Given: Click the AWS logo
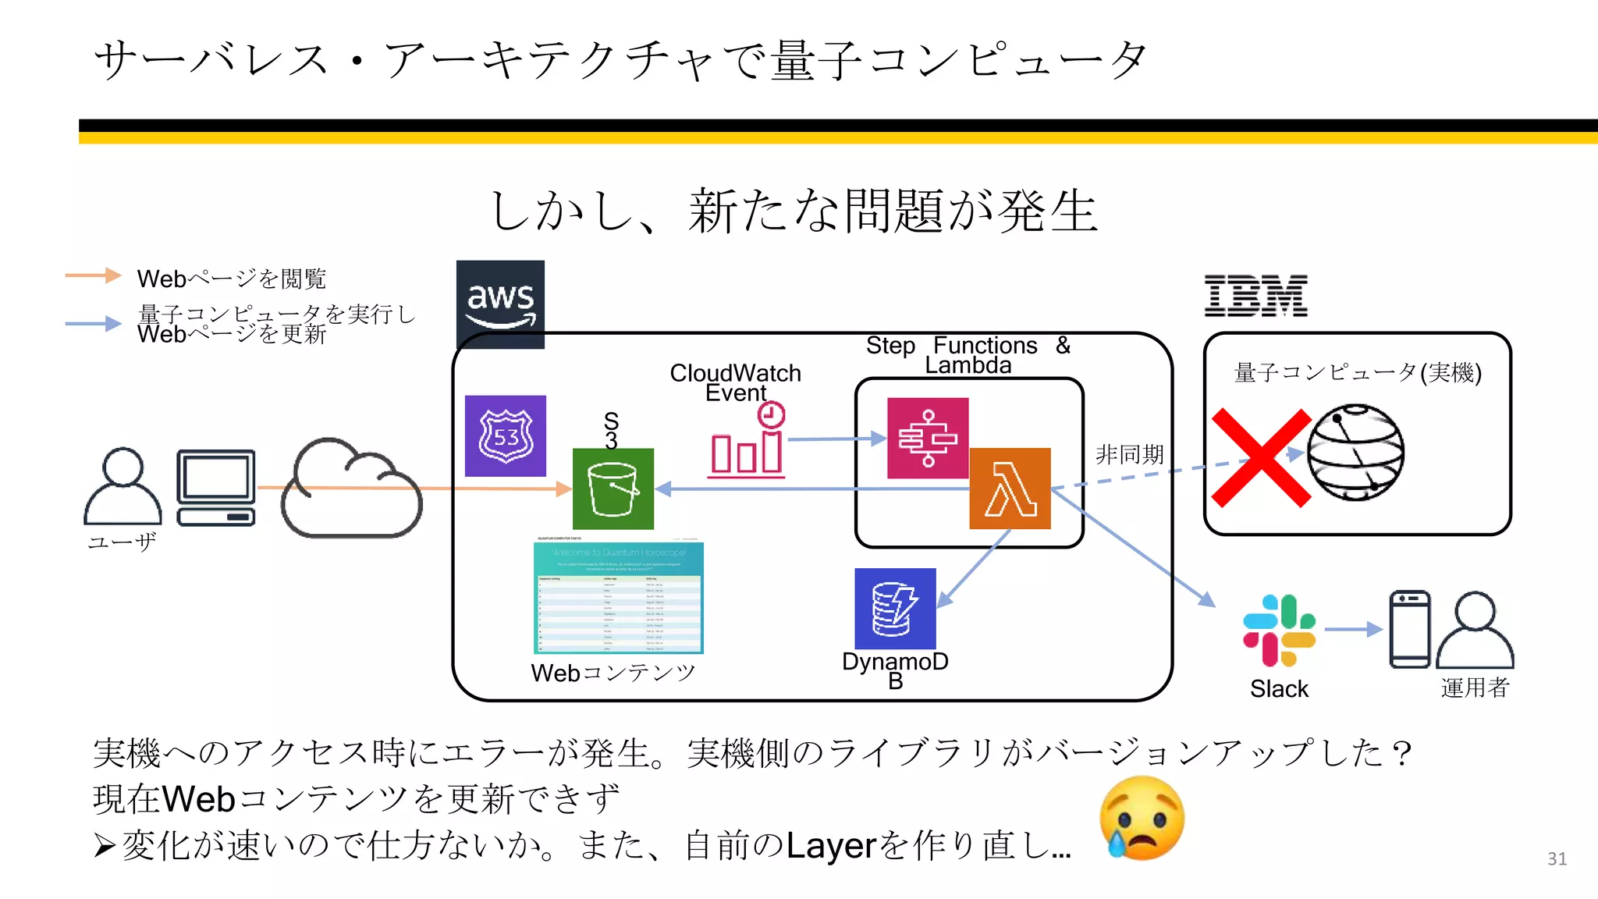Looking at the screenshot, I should coord(500,304).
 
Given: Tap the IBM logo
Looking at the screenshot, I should coord(1255,296).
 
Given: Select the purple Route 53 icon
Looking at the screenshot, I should coord(506,435).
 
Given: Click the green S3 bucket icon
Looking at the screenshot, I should coord(613,489).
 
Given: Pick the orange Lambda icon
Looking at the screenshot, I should coord(1010,489).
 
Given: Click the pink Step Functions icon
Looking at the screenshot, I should coord(928,438).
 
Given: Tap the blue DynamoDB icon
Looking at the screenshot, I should coord(895,608).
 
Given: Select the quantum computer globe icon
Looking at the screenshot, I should coord(1355,452).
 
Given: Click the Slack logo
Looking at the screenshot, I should coord(1279,631).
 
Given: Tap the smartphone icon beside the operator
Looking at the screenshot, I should coord(1409,629).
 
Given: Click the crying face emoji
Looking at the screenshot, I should coord(1142,817).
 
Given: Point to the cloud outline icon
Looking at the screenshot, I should coord(350,489).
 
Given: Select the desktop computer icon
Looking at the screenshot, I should coord(216,488).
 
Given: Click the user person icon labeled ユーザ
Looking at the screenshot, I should coord(123,486).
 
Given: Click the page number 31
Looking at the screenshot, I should coord(1557,858).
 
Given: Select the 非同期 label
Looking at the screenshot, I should coord(1129,454).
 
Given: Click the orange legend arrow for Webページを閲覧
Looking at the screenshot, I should coord(93,275).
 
